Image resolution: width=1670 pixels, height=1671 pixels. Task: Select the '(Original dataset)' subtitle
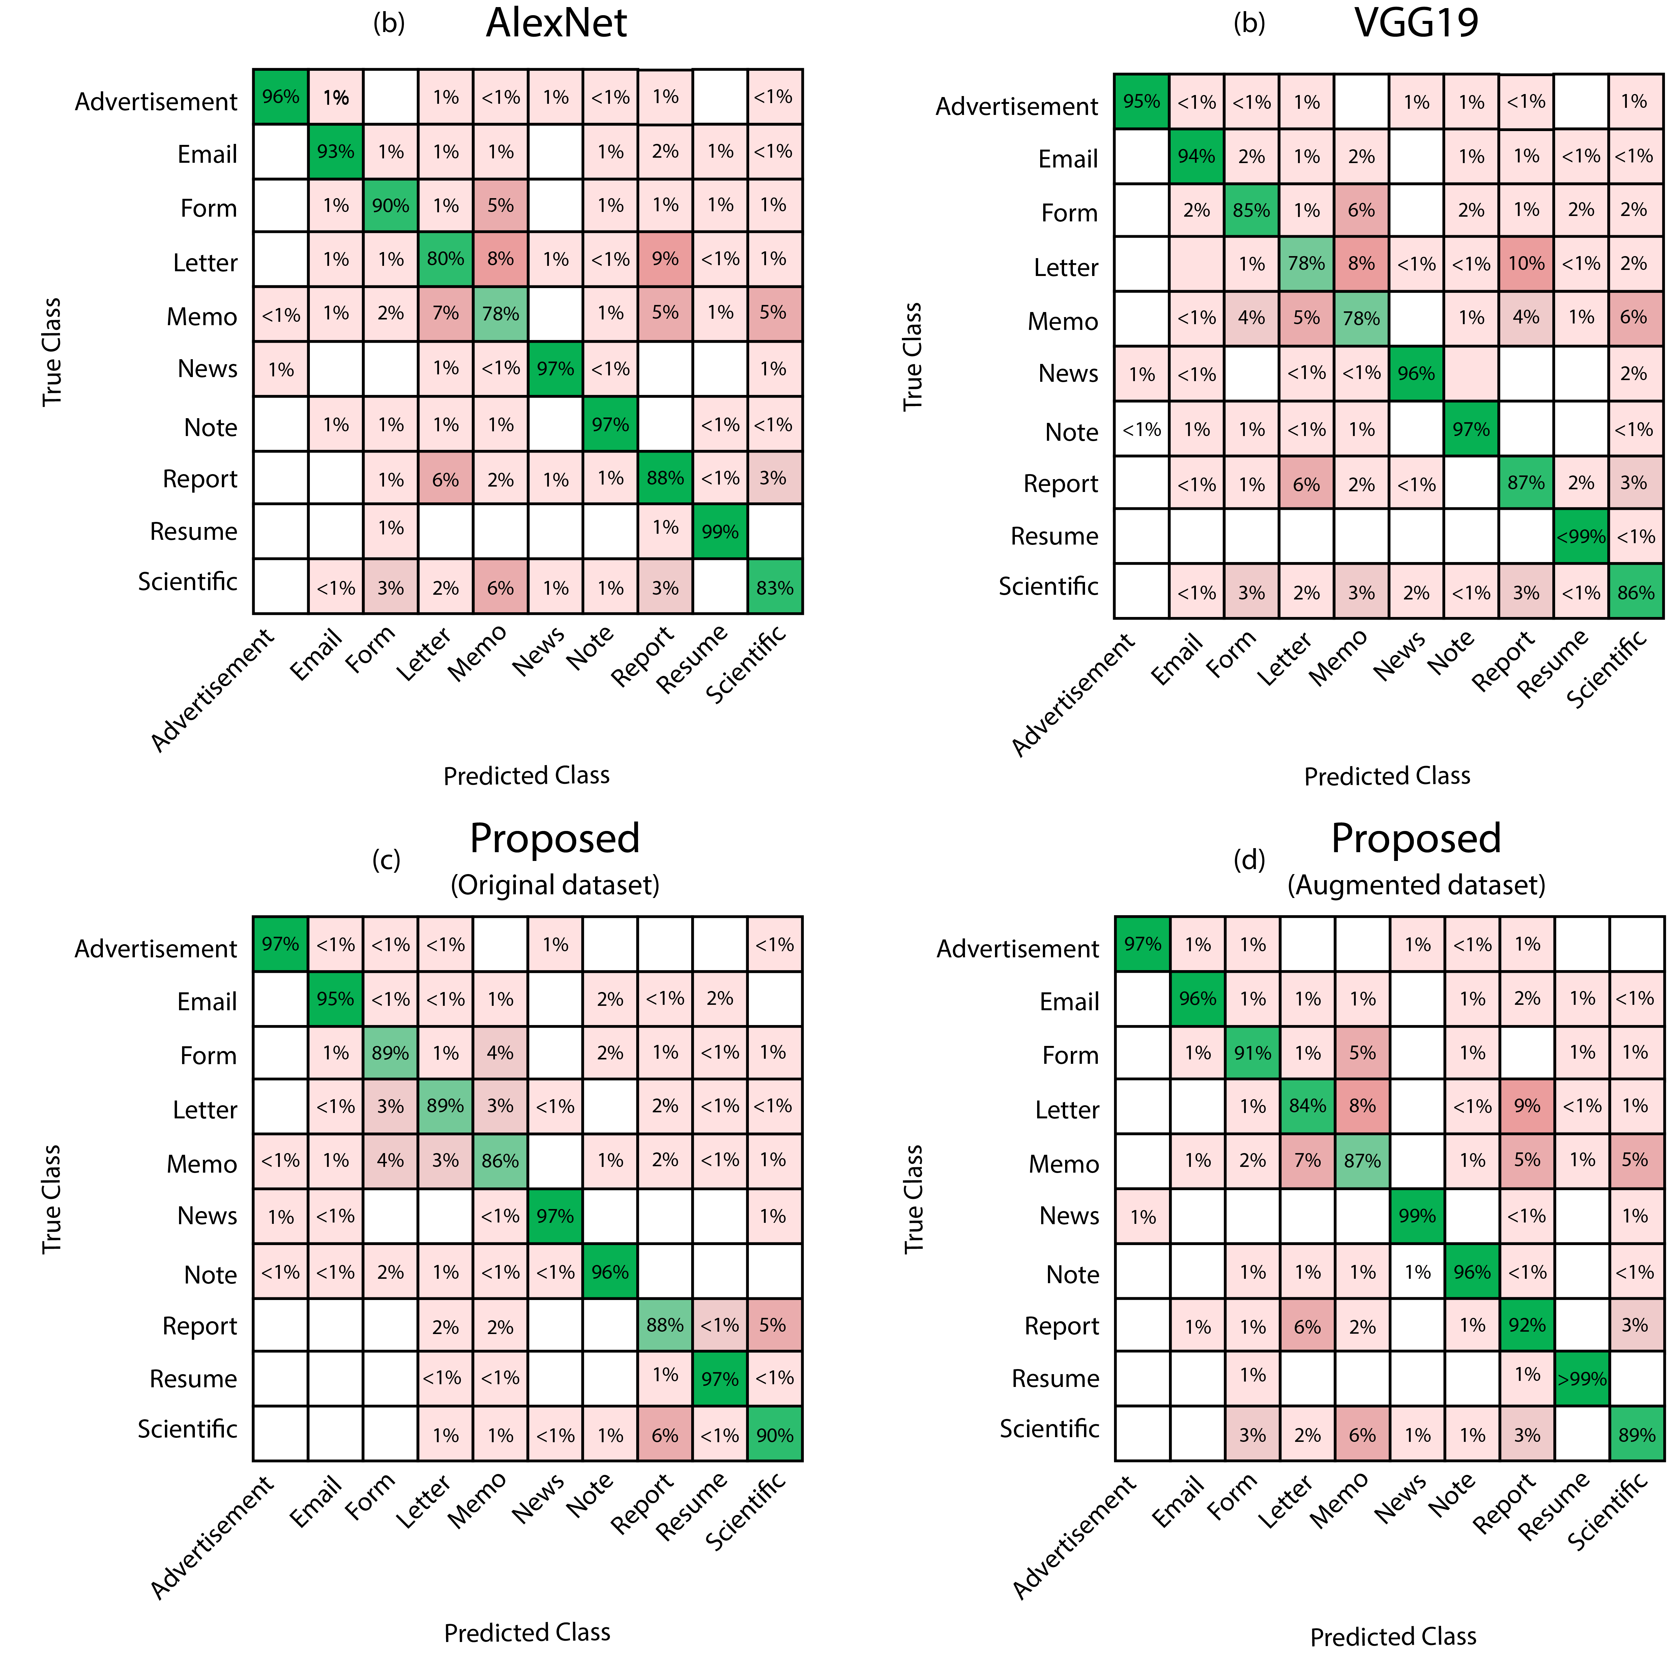coord(555,885)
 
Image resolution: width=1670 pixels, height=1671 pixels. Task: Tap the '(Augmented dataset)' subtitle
coord(1416,885)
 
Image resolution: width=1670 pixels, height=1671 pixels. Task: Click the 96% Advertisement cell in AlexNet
coord(280,97)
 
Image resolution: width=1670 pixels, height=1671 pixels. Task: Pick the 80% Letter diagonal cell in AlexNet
coord(446,258)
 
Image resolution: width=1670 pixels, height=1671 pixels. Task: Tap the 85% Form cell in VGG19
coord(1251,210)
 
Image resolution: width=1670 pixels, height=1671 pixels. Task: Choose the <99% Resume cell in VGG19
coord(1581,536)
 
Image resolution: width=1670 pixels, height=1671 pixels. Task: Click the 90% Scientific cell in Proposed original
coord(774,1435)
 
